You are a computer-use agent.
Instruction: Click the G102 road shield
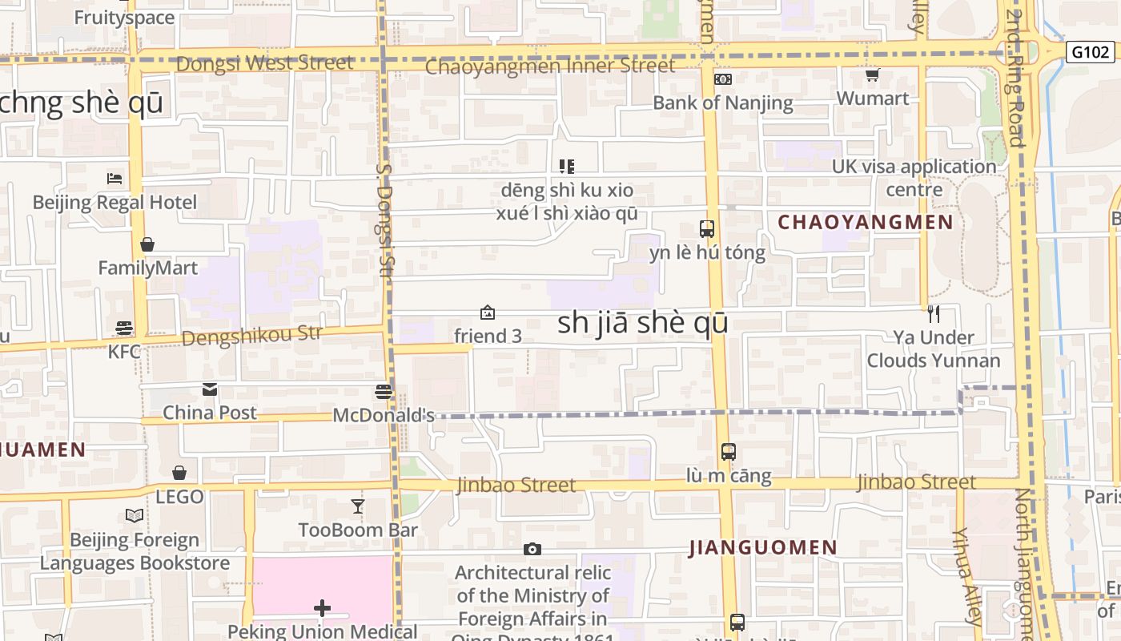click(1091, 52)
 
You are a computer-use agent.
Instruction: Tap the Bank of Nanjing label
click(722, 103)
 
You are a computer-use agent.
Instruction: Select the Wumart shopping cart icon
click(872, 75)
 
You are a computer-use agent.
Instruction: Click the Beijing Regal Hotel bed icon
click(115, 178)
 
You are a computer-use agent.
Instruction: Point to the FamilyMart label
click(147, 268)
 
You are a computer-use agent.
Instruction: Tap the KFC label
click(124, 351)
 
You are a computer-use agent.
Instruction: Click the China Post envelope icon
click(210, 389)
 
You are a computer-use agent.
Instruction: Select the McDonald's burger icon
click(384, 392)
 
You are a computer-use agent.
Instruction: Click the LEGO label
click(179, 497)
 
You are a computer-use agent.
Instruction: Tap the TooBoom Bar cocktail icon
click(358, 506)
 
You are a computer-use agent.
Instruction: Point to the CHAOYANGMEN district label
click(866, 223)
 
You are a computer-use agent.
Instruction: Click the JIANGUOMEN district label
click(763, 548)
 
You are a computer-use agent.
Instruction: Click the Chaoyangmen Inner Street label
click(550, 67)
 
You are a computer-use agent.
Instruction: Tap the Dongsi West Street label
click(264, 63)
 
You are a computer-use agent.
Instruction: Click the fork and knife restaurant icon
click(933, 313)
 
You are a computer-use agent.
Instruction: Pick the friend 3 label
click(488, 337)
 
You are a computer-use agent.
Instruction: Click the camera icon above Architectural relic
click(532, 549)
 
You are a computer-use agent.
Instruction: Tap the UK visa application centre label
click(914, 178)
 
